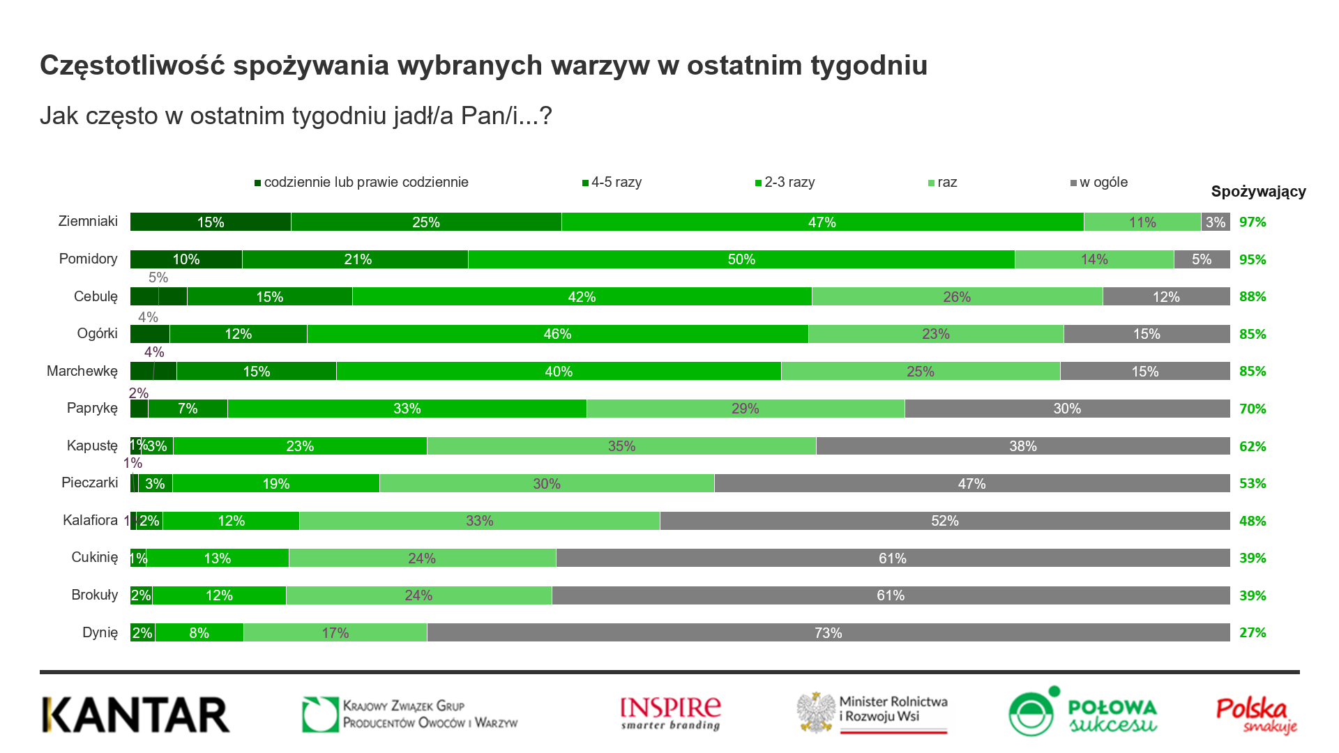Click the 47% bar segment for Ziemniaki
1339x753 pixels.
(x=822, y=222)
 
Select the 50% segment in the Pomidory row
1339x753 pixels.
(x=741, y=259)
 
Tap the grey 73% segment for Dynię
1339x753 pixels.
(x=828, y=632)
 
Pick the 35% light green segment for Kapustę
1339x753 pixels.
(x=621, y=446)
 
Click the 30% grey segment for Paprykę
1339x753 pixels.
(x=1067, y=409)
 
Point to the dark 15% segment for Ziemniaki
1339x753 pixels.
(x=211, y=222)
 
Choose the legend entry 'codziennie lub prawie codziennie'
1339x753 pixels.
(x=362, y=183)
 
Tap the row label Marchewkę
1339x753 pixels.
(x=82, y=371)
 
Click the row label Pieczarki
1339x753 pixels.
(x=90, y=482)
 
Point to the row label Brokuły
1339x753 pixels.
(x=95, y=595)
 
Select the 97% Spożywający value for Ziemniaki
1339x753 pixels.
(x=1253, y=222)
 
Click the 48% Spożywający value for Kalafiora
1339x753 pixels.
(x=1253, y=521)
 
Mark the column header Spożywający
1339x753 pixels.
(x=1258, y=192)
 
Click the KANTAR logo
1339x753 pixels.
(x=136, y=715)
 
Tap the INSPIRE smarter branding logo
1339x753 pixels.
(x=671, y=714)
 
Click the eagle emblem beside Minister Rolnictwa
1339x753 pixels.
(x=817, y=713)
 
